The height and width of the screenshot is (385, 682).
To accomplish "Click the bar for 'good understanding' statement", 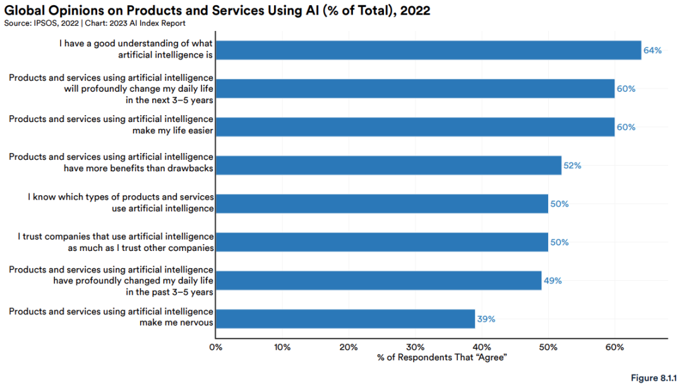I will click(x=428, y=50).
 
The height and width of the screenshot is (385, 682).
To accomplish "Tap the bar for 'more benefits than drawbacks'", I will click(x=388, y=165).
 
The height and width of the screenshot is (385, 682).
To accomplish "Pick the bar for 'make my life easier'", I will click(x=415, y=126).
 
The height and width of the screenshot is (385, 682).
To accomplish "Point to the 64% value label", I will click(x=652, y=50).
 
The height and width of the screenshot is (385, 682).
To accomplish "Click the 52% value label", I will click(x=572, y=166).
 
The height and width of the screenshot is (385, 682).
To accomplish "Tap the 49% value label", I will click(x=553, y=281).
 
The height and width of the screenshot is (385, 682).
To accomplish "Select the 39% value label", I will click(x=486, y=319).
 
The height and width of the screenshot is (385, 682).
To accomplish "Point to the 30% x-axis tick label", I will click(x=415, y=347).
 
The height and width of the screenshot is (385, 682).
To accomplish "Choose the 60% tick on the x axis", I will click(x=614, y=347).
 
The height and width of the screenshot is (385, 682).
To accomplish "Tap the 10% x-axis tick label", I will click(x=282, y=347).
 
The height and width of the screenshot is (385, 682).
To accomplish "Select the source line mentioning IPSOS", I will click(x=95, y=23).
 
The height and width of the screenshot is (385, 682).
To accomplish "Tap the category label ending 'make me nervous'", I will click(x=111, y=317).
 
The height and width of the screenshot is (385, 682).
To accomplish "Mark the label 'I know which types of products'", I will click(x=121, y=203).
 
